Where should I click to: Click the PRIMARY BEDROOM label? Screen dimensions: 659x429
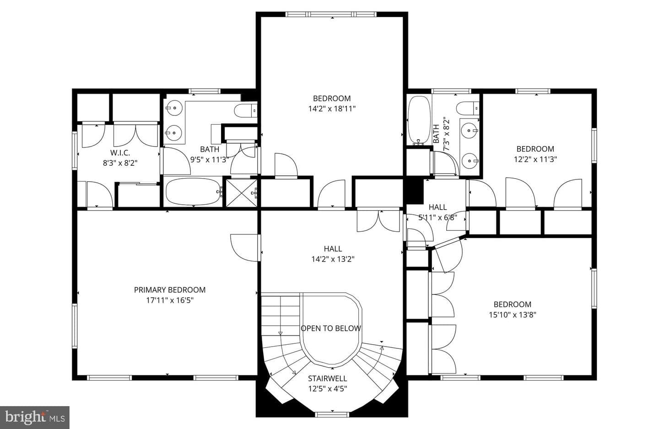170,290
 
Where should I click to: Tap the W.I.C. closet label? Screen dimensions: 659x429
120,153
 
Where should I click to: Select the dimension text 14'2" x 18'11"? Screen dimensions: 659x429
332,109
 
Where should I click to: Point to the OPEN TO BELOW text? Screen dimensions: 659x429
331,328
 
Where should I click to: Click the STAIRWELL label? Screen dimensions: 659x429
328,378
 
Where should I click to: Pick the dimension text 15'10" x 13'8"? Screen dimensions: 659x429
513,315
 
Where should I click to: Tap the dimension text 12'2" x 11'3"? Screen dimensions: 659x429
535,159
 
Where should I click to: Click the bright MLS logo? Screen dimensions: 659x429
35,417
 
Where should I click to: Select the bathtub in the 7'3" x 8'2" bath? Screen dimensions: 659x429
420,120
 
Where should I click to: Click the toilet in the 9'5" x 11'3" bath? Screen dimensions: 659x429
246,110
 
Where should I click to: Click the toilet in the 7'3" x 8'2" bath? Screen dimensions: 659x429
468,108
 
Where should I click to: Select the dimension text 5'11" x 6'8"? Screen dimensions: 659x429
438,218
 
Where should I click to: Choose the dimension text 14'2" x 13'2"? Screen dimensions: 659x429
333,259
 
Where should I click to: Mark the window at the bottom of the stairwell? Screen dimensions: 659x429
332,415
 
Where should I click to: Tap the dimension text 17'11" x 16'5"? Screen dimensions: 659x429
170,300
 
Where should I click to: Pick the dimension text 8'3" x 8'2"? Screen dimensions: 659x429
120,163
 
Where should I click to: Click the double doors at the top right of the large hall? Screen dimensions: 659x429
378,220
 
